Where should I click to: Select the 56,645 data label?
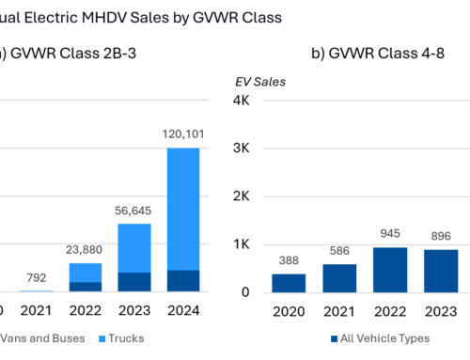[x=133, y=211]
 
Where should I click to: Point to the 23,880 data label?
[x=86, y=250]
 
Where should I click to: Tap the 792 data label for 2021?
[x=39, y=277]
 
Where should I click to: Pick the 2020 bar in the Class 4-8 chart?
[x=289, y=282]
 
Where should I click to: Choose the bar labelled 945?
[x=390, y=269]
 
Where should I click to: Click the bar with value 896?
[x=441, y=270]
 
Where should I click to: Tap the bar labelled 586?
[x=339, y=277]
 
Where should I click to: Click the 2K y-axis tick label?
[x=240, y=196]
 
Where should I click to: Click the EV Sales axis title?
[x=260, y=81]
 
